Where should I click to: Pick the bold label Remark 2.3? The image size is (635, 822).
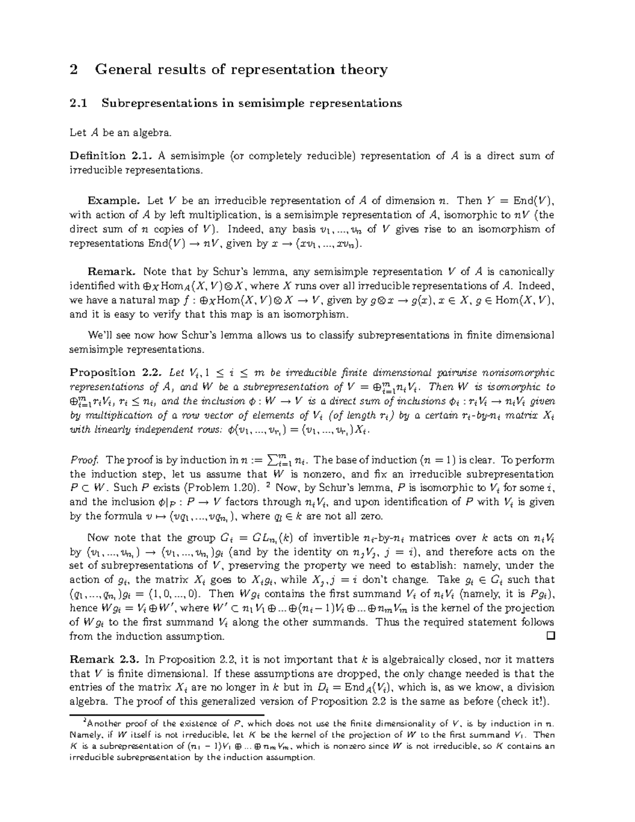pos(105,660)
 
